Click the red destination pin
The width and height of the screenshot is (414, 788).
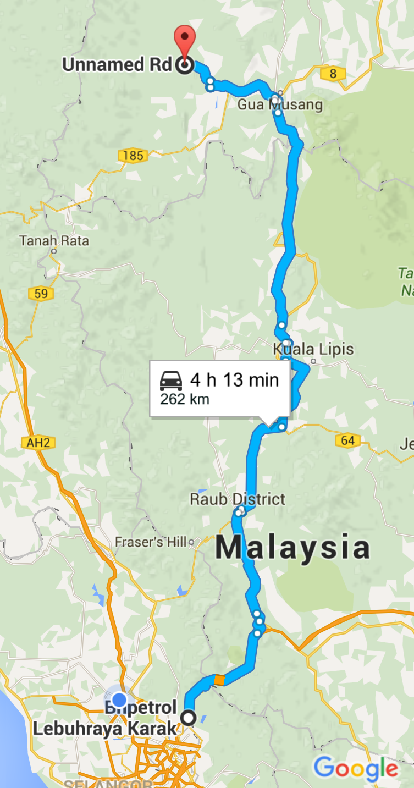click(184, 40)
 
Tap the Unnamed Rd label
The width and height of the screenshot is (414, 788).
click(117, 65)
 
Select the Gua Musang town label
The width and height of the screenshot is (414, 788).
click(280, 104)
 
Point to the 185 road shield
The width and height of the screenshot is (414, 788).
click(133, 156)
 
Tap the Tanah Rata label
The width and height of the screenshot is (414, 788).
click(54, 241)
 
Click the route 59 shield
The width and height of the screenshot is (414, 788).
click(41, 294)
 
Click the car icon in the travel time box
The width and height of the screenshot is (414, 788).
click(171, 380)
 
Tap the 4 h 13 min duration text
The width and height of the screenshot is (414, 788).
click(235, 379)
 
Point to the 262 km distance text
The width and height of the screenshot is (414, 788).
click(185, 399)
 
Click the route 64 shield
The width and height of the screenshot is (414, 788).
click(347, 440)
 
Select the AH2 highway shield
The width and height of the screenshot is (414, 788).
click(37, 442)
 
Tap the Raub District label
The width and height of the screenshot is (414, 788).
click(238, 499)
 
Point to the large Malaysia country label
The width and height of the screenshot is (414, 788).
click(292, 548)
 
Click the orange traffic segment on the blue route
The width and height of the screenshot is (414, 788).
click(219, 680)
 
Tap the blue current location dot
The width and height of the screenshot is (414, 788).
click(119, 700)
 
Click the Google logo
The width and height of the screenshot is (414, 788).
click(356, 769)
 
